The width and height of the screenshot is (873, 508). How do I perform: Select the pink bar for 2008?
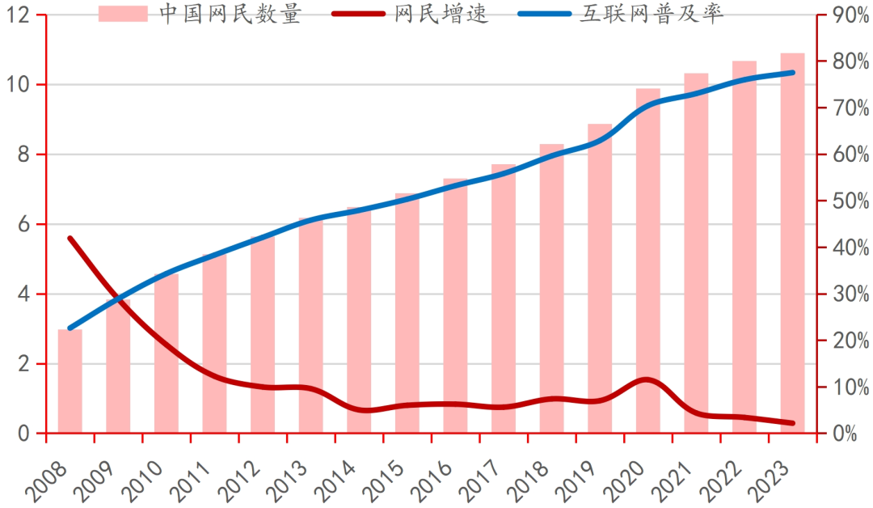click(x=70, y=380)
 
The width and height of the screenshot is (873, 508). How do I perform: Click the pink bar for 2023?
click(x=792, y=243)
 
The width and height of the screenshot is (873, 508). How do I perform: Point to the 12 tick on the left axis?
click(x=19, y=15)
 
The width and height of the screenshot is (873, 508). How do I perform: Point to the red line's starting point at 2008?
click(x=70, y=239)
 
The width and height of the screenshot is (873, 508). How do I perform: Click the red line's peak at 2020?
click(x=647, y=379)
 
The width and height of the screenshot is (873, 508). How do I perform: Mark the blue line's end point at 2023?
click(x=792, y=73)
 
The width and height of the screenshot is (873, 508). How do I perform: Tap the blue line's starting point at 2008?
click(x=70, y=328)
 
